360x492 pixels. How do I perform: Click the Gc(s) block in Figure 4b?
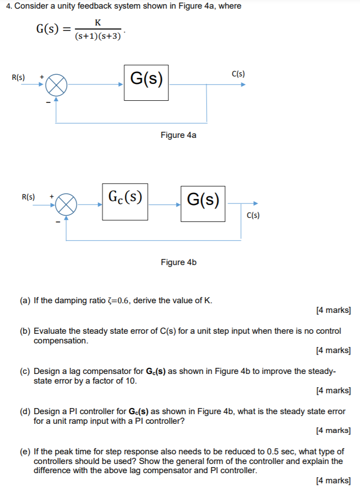click(125, 201)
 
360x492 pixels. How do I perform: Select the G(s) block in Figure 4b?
click(203, 204)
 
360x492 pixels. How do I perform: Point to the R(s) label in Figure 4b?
click(29, 196)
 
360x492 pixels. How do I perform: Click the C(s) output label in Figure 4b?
click(253, 215)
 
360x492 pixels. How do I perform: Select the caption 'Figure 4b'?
click(178, 262)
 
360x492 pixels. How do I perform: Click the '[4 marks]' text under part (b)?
click(334, 350)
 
